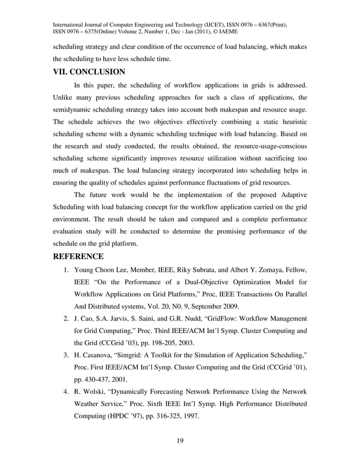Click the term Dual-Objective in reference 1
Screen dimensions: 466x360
tap(198, 281)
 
